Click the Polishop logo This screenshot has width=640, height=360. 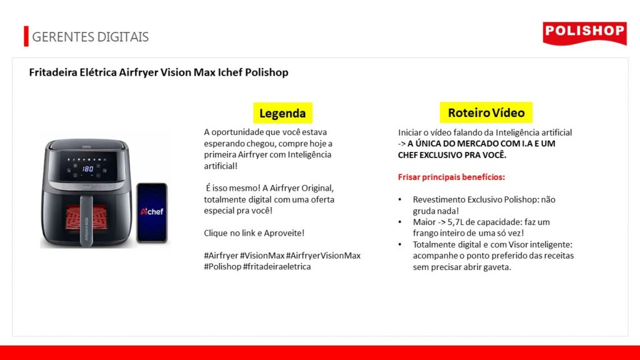tap(584, 33)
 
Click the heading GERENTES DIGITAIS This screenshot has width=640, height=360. tap(90, 37)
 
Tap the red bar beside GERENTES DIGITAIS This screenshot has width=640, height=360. tap(26, 36)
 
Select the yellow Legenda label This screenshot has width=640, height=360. tap(282, 113)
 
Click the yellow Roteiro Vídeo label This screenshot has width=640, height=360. tap(486, 112)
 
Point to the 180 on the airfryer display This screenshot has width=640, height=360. tap(87, 169)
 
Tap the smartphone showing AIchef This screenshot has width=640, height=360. tap(152, 212)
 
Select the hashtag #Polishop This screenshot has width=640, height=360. tap(222, 266)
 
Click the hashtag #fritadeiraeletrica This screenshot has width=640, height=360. tap(277, 266)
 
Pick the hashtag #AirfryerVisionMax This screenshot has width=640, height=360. tap(323, 256)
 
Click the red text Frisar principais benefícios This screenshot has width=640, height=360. tap(451, 177)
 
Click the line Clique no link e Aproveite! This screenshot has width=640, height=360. tap(254, 233)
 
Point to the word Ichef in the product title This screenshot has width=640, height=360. tap(230, 72)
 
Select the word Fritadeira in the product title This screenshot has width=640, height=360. tap(52, 72)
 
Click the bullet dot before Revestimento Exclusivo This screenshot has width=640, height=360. tap(400, 199)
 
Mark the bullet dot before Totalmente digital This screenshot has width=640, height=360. tap(400, 244)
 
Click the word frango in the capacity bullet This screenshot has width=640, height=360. tap(425, 234)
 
